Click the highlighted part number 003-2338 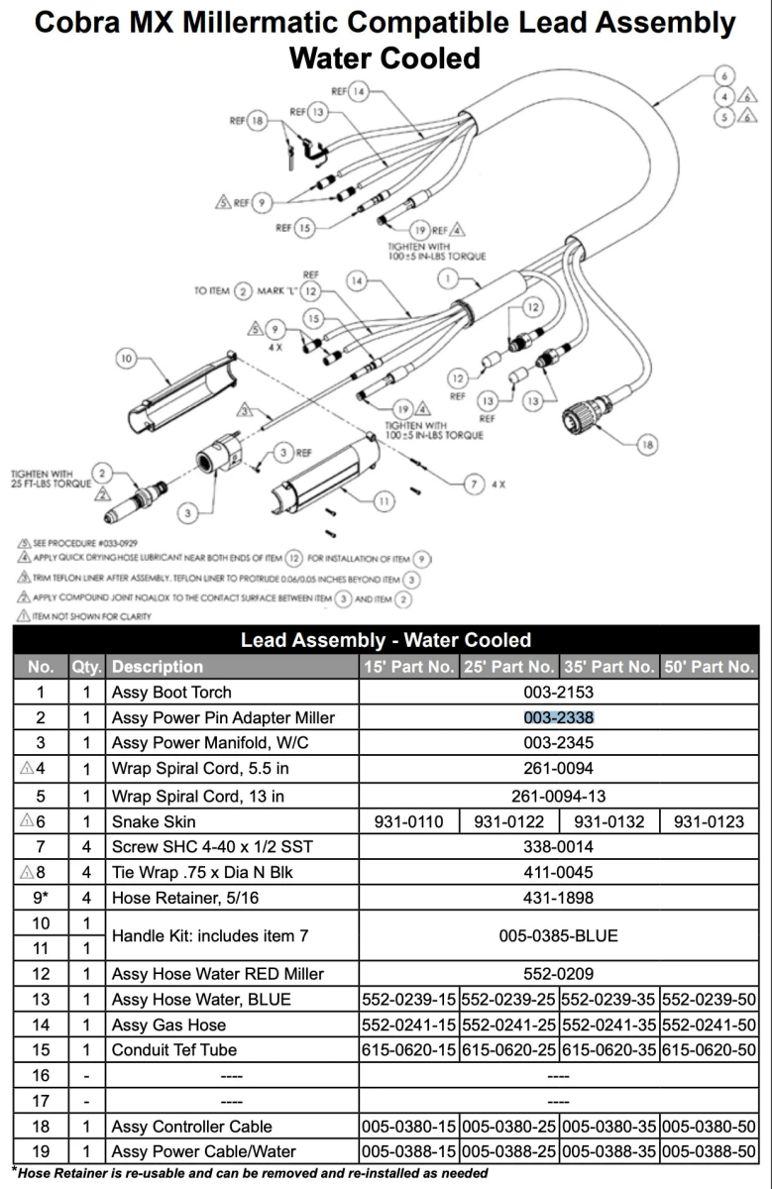point(558,717)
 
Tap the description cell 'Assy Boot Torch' point(171,692)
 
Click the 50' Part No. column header point(709,667)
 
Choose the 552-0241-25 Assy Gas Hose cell point(508,1025)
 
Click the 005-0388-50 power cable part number point(709,1151)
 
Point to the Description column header point(158,667)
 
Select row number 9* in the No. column point(40,898)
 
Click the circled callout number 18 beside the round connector point(647,445)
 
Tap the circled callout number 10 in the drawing point(126,360)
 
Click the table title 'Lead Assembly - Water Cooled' point(386,640)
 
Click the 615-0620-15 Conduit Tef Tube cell point(409,1050)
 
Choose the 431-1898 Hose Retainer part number point(558,898)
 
